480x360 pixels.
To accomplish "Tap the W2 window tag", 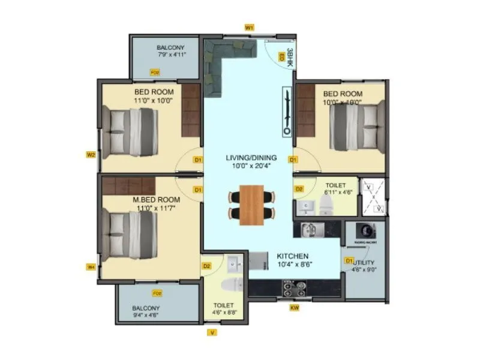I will (x=91, y=155).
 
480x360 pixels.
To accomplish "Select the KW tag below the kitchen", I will (x=294, y=308).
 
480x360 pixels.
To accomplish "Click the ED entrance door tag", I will (x=280, y=56).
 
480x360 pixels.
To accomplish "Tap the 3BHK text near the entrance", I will (x=289, y=56).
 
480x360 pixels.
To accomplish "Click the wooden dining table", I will (x=252, y=205).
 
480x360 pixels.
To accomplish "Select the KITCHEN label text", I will (x=293, y=255).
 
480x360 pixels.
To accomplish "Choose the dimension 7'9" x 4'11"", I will (x=172, y=55).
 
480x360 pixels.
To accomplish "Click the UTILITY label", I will (x=364, y=262).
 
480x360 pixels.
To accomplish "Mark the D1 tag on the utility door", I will (x=349, y=261).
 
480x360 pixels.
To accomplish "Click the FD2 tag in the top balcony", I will (x=155, y=72).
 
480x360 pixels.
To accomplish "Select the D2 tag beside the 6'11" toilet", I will (x=299, y=190).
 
